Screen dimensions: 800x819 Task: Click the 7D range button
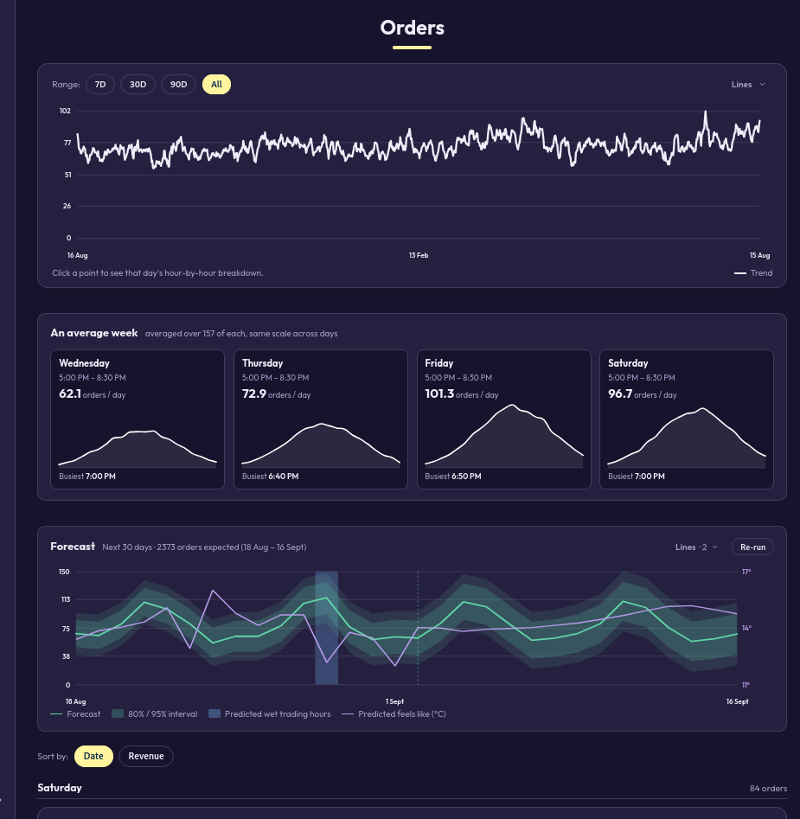[x=100, y=85]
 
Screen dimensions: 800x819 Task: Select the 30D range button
[x=138, y=85]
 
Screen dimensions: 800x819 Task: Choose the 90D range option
[x=178, y=85]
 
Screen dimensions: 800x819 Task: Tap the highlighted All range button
[x=217, y=85]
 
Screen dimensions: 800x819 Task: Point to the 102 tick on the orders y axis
[x=65, y=111]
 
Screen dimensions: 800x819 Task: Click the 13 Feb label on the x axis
[x=419, y=255]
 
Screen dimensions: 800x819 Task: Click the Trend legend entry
[x=753, y=273]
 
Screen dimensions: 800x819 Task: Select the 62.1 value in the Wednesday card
[x=70, y=394]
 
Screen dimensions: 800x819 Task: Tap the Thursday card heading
[x=262, y=363]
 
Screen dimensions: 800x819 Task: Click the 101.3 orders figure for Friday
[x=439, y=394]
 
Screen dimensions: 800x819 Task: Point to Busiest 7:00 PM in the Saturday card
[x=636, y=477]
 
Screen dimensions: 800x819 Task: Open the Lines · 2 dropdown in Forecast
[x=696, y=547]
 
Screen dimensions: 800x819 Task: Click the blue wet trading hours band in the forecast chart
[x=326, y=628]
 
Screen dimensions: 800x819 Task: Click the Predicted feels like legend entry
[x=394, y=714]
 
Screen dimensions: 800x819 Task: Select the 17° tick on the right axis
[x=746, y=572]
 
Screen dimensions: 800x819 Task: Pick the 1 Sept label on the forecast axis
[x=394, y=701]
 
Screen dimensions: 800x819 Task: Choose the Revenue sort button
[x=146, y=757]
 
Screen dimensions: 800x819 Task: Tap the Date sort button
[x=93, y=757]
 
